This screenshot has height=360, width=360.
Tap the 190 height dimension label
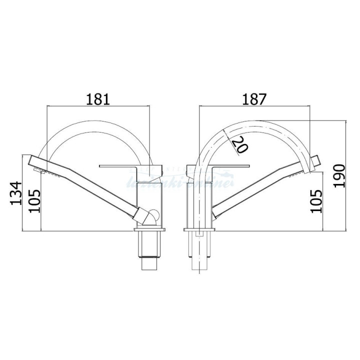(x=339, y=175)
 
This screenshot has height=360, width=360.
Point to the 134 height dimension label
(x=16, y=193)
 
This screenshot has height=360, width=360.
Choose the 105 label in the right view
(x=316, y=200)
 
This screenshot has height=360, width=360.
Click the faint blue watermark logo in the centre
(x=180, y=180)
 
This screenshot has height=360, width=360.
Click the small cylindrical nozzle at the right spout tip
(x=315, y=161)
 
